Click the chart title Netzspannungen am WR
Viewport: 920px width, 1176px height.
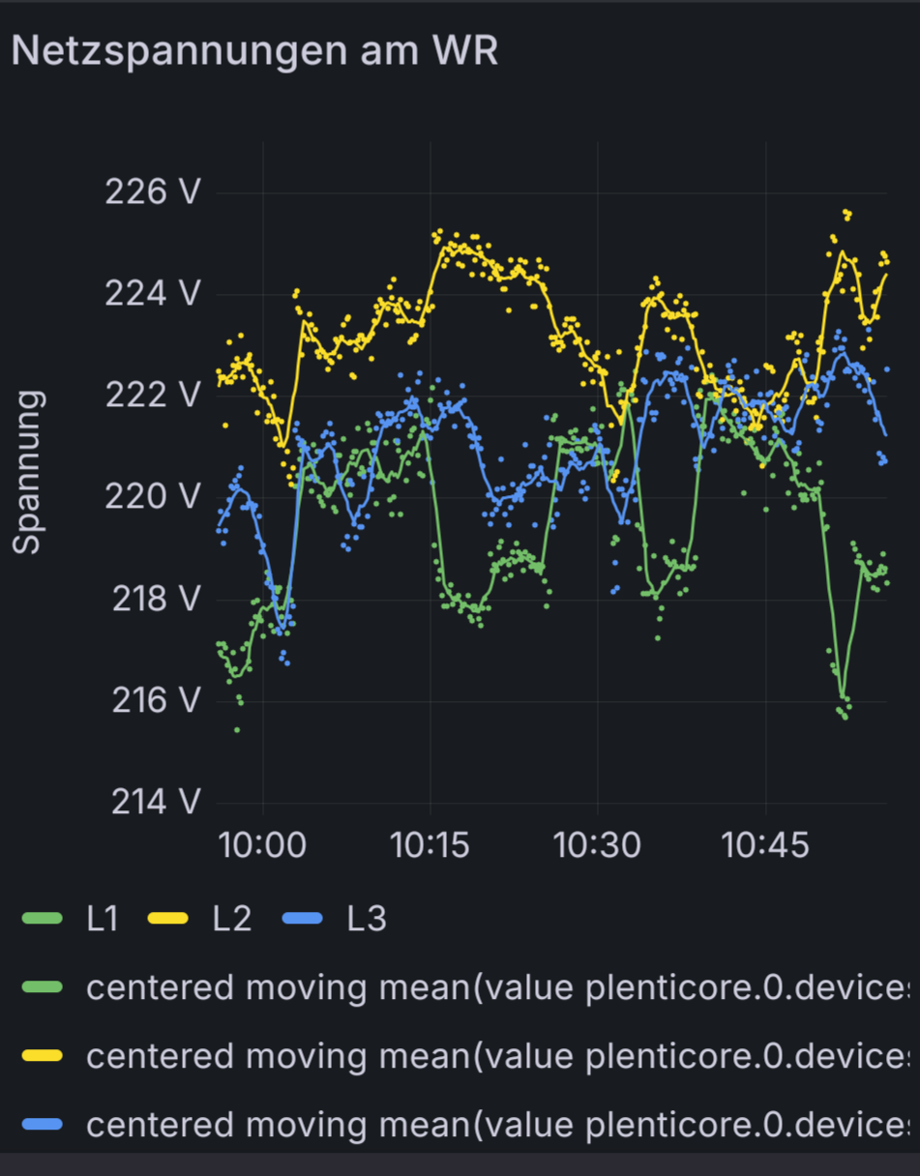[254, 50]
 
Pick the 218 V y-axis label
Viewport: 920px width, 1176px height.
[156, 599]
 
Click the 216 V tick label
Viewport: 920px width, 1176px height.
[156, 700]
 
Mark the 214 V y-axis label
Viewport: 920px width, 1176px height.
[156, 802]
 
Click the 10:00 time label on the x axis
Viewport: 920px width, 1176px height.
[262, 845]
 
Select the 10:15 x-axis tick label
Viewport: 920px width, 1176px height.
[430, 845]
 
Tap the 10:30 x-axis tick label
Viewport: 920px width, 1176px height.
[597, 845]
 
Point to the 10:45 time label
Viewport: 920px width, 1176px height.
[765, 845]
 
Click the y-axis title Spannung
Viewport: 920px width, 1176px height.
[29, 472]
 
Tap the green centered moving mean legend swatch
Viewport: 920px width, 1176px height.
[42, 987]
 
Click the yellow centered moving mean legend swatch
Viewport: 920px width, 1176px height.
[42, 1056]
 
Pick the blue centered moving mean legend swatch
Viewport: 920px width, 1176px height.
[42, 1125]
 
